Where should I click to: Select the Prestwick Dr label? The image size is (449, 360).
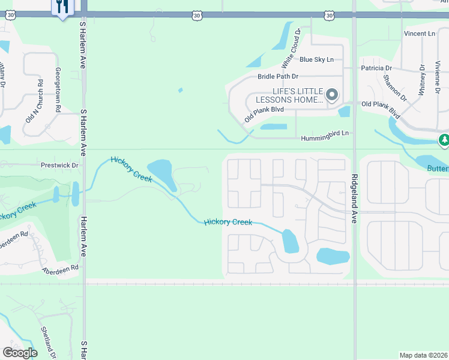(x=60, y=165)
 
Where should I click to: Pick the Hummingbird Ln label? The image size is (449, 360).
(x=325, y=137)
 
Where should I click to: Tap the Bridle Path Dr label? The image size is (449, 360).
(x=278, y=77)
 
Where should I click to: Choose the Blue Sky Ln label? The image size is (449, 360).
(x=316, y=59)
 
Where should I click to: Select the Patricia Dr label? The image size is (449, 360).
(x=376, y=68)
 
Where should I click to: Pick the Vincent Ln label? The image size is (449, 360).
(x=419, y=34)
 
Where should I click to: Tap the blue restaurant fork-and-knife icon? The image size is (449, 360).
(x=63, y=7)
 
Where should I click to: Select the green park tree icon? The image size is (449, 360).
(x=444, y=140)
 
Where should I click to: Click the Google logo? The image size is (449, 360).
(x=20, y=353)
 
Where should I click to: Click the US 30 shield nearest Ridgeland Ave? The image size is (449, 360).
(x=328, y=15)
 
